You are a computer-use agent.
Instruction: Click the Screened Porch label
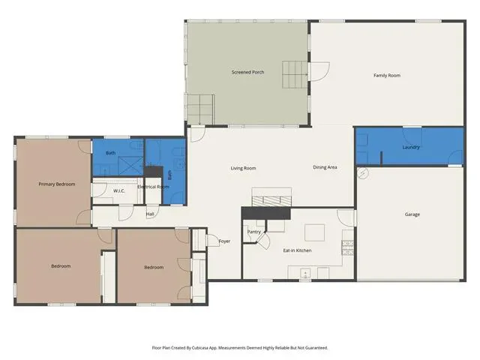coord(247,72)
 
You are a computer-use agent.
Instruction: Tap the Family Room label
coord(387,75)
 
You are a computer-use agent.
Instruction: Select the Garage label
coord(412,214)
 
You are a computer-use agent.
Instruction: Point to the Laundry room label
coord(411,147)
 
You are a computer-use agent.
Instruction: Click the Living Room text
coord(243,168)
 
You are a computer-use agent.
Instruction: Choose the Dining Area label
coord(325,167)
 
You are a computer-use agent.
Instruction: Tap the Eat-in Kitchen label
coord(297,250)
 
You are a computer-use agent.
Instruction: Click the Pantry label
coord(253,232)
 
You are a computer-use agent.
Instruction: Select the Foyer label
coord(224,241)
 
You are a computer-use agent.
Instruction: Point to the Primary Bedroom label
coord(57,184)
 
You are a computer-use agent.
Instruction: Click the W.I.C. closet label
coord(119,190)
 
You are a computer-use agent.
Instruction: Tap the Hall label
coord(150,214)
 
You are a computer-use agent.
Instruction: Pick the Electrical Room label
coord(153,187)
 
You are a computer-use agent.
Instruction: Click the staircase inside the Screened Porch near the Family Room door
coord(295,75)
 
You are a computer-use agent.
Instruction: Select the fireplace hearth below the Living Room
coord(271,201)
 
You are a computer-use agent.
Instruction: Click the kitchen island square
coord(315,232)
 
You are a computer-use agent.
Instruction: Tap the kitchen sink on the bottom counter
coord(305,273)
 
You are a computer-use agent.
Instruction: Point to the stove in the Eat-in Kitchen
coord(347,248)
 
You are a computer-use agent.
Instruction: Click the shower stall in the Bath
coord(130,166)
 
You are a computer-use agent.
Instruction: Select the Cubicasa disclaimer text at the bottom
coord(240,348)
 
